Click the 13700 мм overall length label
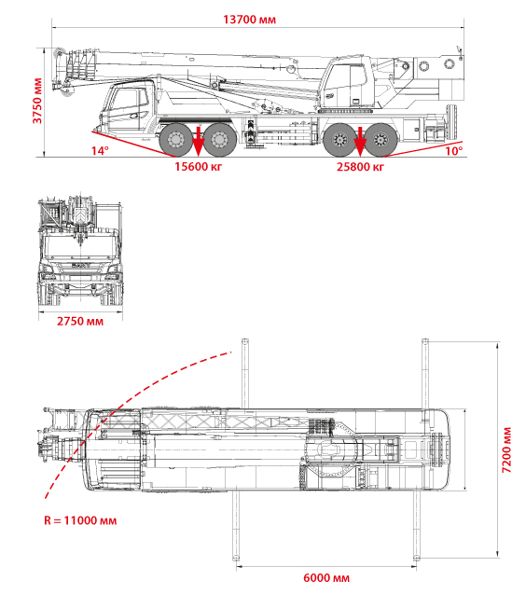click(249, 20)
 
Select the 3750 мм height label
click(37, 101)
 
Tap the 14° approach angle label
click(100, 150)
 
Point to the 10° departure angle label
click(453, 150)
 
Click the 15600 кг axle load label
click(199, 166)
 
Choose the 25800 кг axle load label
click(360, 166)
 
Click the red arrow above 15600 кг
click(199, 141)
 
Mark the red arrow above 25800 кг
click(360, 141)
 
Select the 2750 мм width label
click(80, 321)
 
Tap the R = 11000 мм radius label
click(80, 520)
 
